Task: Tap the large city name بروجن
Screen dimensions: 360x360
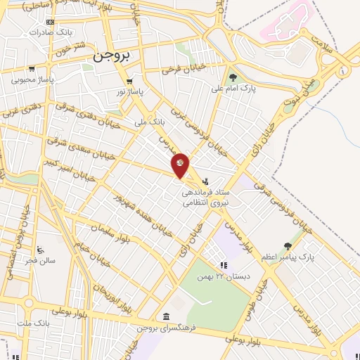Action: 112,57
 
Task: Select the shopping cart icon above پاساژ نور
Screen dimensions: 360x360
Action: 129,80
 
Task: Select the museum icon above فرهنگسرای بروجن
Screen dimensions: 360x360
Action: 165,316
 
